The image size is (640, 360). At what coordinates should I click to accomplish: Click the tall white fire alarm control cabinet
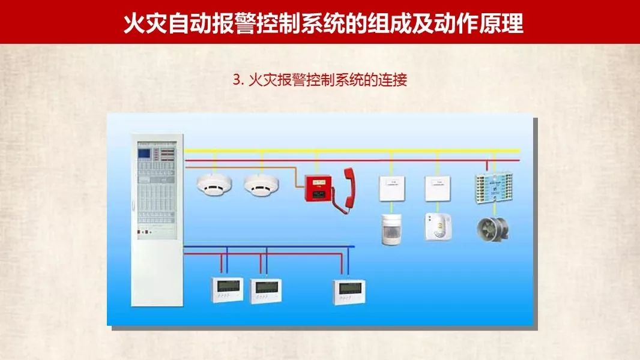point(158,222)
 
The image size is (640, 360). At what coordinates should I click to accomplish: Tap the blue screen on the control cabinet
point(145,151)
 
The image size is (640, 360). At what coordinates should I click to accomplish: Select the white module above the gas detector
point(437,188)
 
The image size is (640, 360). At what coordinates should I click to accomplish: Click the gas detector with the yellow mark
point(438,227)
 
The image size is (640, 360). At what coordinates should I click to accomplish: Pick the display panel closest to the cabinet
point(227,289)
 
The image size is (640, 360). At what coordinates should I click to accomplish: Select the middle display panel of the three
point(266,289)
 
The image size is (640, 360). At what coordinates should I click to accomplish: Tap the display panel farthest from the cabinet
point(350,290)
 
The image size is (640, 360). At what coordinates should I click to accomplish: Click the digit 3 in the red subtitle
point(236,80)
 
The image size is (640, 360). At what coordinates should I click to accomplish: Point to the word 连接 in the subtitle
point(393,80)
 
